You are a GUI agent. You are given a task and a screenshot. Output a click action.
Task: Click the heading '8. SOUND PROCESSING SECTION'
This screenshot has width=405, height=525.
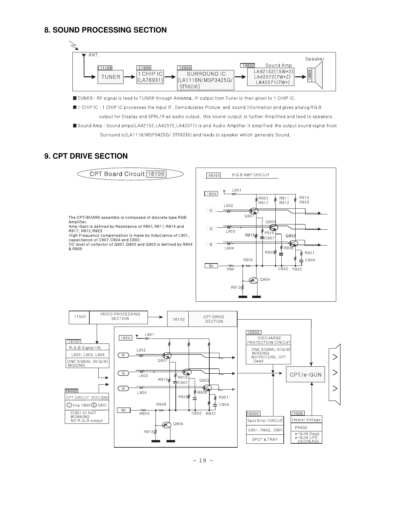click(x=105, y=30)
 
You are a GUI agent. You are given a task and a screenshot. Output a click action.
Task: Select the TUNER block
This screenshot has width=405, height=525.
click(x=111, y=77)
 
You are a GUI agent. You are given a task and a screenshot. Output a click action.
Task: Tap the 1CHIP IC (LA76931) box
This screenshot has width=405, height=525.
click(x=150, y=77)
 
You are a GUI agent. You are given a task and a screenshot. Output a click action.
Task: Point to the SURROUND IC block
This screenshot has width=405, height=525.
click(x=206, y=80)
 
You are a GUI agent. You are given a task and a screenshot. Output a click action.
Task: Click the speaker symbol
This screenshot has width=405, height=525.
click(x=318, y=75)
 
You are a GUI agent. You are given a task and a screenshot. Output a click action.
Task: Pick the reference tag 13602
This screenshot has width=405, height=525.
click(x=248, y=66)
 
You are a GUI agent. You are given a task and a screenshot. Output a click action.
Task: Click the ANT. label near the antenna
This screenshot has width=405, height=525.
click(x=94, y=55)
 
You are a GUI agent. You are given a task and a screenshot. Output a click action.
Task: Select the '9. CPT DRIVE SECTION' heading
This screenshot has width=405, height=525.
click(x=86, y=156)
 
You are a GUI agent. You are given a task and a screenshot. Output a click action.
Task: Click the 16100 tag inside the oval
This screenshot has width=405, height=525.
click(x=156, y=174)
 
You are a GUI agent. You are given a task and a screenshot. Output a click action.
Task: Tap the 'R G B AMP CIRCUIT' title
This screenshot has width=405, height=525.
click(x=251, y=175)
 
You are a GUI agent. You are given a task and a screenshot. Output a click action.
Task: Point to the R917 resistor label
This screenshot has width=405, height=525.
click(x=263, y=203)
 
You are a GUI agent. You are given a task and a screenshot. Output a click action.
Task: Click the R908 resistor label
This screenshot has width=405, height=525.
click(x=161, y=405)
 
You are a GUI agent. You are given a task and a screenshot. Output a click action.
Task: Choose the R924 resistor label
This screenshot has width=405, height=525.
click(x=145, y=414)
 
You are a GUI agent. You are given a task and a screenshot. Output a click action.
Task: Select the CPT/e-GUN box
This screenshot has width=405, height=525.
click(x=305, y=375)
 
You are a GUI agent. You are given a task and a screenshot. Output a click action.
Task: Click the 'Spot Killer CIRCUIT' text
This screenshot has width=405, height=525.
click(x=265, y=421)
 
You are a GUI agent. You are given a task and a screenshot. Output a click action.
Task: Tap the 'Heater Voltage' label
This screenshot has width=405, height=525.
click(x=306, y=420)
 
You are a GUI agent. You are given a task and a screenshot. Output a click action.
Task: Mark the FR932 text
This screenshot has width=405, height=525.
click(x=301, y=428)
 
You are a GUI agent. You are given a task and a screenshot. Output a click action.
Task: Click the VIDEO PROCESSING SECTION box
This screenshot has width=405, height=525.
click(x=120, y=317)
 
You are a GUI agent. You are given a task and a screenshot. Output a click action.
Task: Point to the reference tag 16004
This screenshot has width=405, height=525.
click(x=253, y=332)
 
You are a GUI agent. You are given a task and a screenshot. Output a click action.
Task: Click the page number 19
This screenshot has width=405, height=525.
click(x=202, y=460)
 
